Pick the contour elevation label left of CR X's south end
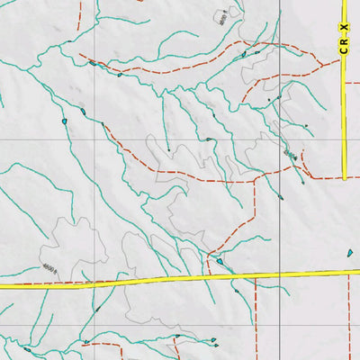[290, 155]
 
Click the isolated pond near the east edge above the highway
[350, 254]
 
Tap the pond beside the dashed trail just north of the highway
[220, 261]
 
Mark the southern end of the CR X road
[344, 177]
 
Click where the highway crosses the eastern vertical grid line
[279, 274]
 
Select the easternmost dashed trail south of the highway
[348, 315]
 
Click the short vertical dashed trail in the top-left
[79, 13]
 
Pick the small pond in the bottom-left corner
[28, 349]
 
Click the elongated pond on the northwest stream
[92, 63]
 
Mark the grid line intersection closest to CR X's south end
[279, 140]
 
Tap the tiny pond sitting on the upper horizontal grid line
[209, 139]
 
